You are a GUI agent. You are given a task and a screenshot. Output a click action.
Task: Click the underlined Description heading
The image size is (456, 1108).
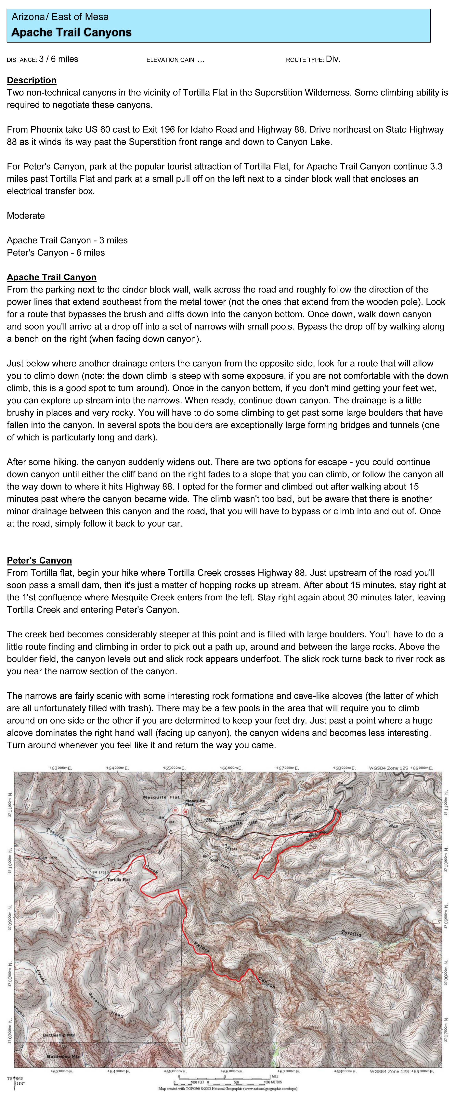click(31, 80)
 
